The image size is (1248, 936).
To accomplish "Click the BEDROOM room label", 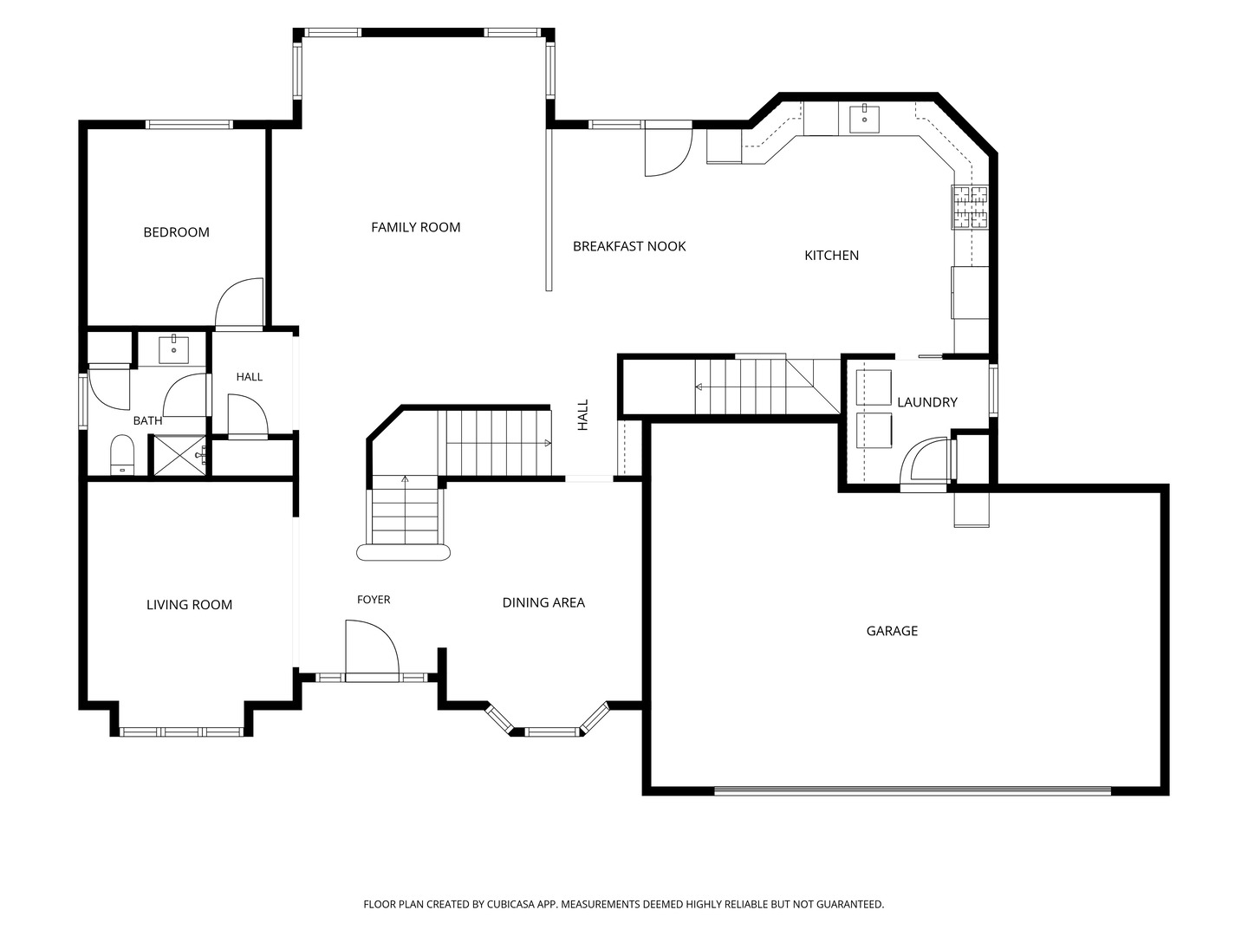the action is click(x=176, y=232).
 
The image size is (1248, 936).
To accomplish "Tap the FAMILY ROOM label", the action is click(x=416, y=227).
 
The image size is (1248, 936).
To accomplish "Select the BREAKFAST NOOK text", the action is click(x=629, y=246).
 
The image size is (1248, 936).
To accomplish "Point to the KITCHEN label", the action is click(x=831, y=255).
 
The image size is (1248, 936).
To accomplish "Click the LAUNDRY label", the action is click(x=927, y=402).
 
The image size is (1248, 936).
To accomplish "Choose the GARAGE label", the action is click(x=892, y=631).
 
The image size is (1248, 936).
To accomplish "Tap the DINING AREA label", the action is click(x=543, y=602).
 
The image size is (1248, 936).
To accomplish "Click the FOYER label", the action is click(x=374, y=600).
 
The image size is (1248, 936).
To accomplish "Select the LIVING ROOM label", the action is click(x=189, y=605).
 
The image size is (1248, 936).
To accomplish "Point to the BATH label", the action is click(x=148, y=420).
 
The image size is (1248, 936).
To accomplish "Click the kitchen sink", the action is click(x=864, y=120).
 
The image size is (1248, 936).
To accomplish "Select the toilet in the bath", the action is click(x=121, y=454).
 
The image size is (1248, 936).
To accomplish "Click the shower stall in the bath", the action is click(x=179, y=455).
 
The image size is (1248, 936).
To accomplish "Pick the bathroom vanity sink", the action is click(x=173, y=349).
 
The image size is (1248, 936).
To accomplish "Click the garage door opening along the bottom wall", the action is click(x=913, y=790).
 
